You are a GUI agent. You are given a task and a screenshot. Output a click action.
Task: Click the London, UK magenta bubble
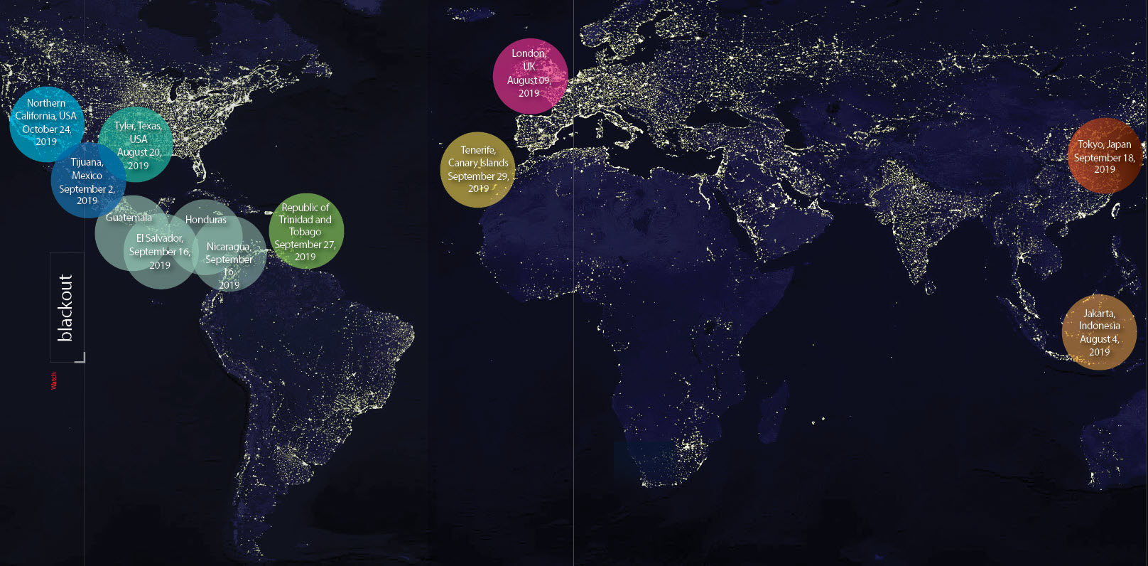530,76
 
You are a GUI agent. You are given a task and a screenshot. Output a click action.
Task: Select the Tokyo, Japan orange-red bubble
1105,156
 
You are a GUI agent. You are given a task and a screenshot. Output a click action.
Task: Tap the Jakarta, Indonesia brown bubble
1099,332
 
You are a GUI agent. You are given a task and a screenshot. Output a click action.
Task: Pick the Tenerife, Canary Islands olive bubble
477,169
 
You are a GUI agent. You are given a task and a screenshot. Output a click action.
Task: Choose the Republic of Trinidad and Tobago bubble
306,231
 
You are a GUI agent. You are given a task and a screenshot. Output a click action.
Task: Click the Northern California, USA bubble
46,122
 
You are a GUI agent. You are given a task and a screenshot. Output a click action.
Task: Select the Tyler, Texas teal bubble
137,144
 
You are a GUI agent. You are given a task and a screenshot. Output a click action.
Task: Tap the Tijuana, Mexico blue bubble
87,181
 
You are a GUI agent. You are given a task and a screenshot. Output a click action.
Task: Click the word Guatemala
129,218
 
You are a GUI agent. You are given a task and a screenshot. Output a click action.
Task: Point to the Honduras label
206,220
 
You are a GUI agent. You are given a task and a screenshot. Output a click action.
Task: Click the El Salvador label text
160,238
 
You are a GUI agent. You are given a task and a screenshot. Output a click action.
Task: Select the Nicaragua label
228,247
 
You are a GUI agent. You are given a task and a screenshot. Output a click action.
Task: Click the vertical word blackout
65,307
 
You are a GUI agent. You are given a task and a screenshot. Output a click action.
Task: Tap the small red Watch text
54,381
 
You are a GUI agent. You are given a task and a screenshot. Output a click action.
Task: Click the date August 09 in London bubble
529,80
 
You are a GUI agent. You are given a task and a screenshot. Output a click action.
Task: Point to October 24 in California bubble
46,129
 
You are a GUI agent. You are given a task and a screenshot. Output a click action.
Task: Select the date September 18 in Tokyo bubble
1104,158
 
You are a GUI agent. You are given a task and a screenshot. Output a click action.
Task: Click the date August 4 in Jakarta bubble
1099,339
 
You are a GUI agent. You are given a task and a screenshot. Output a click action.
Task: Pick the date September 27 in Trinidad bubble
305,245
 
